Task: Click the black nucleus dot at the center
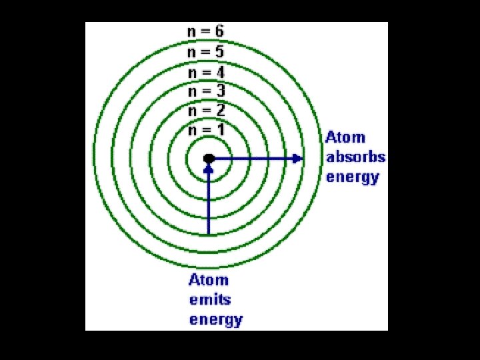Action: pyautogui.click(x=209, y=159)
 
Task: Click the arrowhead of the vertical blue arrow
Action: pyautogui.click(x=209, y=169)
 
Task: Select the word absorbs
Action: pyautogui.click(x=355, y=157)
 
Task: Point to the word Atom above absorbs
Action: pyautogui.click(x=345, y=137)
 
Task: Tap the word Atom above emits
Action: pyautogui.click(x=208, y=280)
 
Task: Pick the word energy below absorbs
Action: pyautogui.click(x=353, y=177)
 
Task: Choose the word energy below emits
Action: pyautogui.click(x=216, y=320)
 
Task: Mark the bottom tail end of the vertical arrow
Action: pyautogui.click(x=209, y=233)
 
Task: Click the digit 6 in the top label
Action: pyautogui.click(x=219, y=31)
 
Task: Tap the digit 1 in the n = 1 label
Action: pyautogui.click(x=220, y=129)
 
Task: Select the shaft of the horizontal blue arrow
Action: pyautogui.click(x=253, y=159)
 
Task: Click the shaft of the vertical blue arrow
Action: pyautogui.click(x=209, y=203)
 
